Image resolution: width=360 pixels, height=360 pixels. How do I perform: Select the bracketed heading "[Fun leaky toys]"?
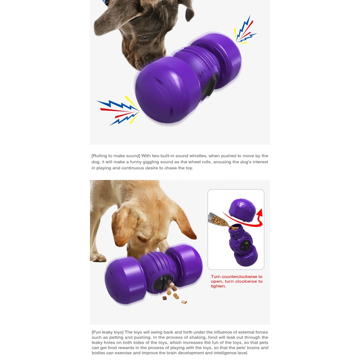[108, 332]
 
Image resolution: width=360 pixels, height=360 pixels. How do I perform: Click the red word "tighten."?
[218, 287]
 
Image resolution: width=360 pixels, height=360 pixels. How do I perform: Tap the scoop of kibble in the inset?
[219, 220]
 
